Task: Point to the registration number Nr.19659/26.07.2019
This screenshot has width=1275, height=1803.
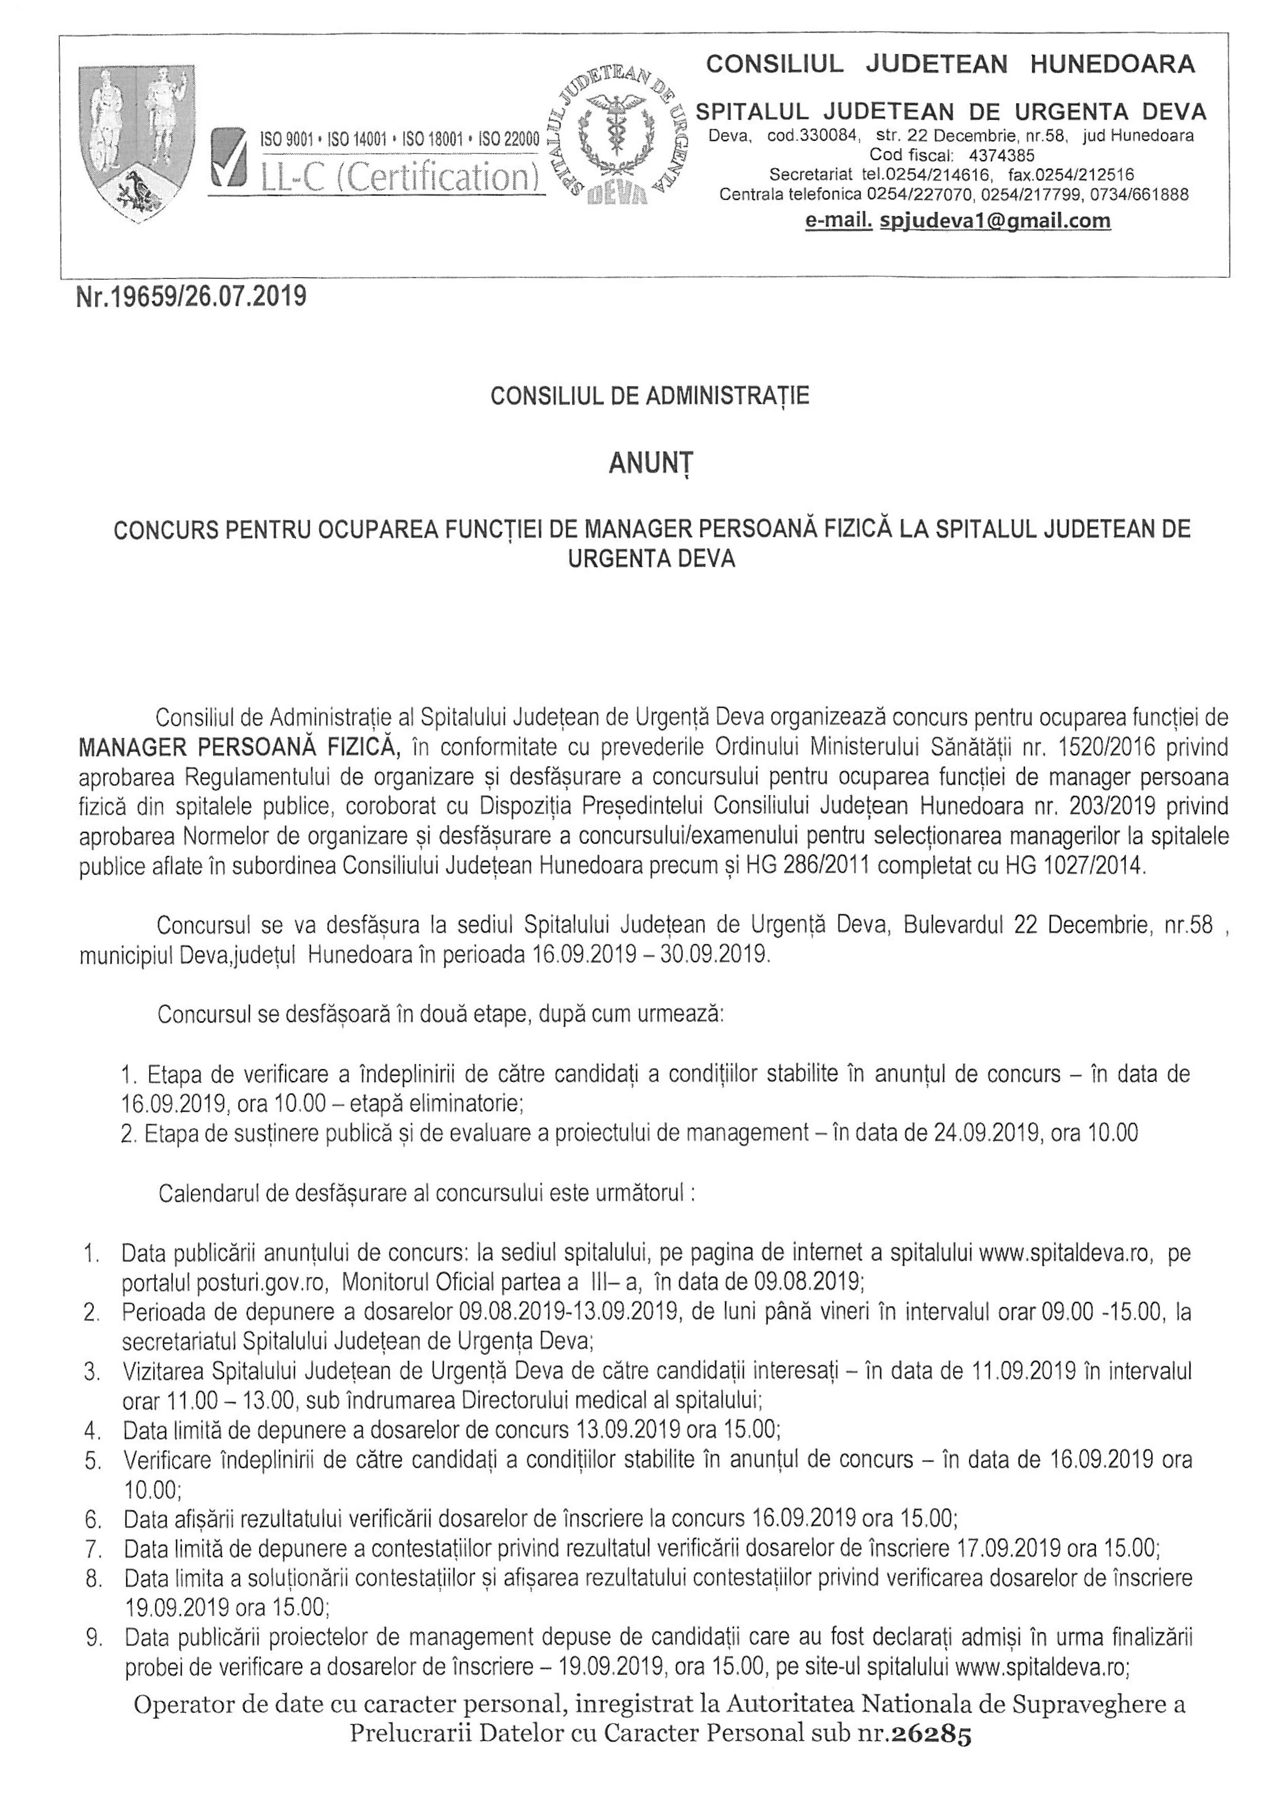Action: [191, 298]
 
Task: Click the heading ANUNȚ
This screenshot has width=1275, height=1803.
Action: [651, 464]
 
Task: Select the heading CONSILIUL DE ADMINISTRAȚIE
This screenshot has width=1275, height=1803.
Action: [650, 396]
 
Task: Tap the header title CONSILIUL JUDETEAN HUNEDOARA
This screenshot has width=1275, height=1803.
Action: [950, 64]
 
